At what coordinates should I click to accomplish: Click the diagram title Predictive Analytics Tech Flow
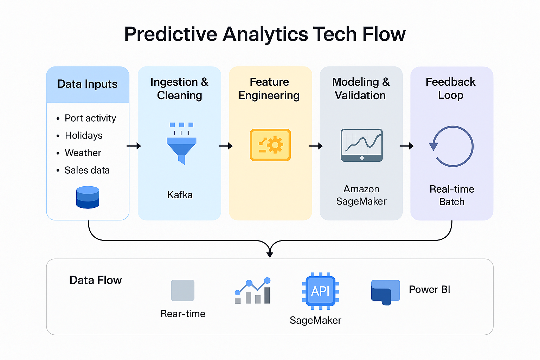(265, 34)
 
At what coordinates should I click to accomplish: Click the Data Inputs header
(88, 84)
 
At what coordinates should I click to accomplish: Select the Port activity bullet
(90, 118)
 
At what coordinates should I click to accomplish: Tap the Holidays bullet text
(84, 135)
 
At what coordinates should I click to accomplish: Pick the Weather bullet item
(83, 153)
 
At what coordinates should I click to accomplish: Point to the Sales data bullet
(87, 170)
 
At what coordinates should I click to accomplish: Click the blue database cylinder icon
(88, 197)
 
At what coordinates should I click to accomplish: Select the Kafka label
(180, 195)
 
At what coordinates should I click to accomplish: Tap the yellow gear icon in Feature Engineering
(270, 145)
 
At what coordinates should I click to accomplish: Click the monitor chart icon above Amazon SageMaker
(362, 145)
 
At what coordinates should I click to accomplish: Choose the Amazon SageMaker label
(361, 195)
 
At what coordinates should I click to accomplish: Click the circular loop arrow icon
(452, 146)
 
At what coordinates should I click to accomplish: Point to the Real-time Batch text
(452, 195)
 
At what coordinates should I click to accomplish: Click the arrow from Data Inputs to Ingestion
(134, 146)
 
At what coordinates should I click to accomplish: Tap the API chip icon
(320, 291)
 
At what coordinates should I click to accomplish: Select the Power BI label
(429, 289)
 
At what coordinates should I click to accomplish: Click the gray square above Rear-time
(182, 290)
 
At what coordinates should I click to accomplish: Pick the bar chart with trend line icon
(252, 291)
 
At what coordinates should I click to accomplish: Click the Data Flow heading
(96, 280)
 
